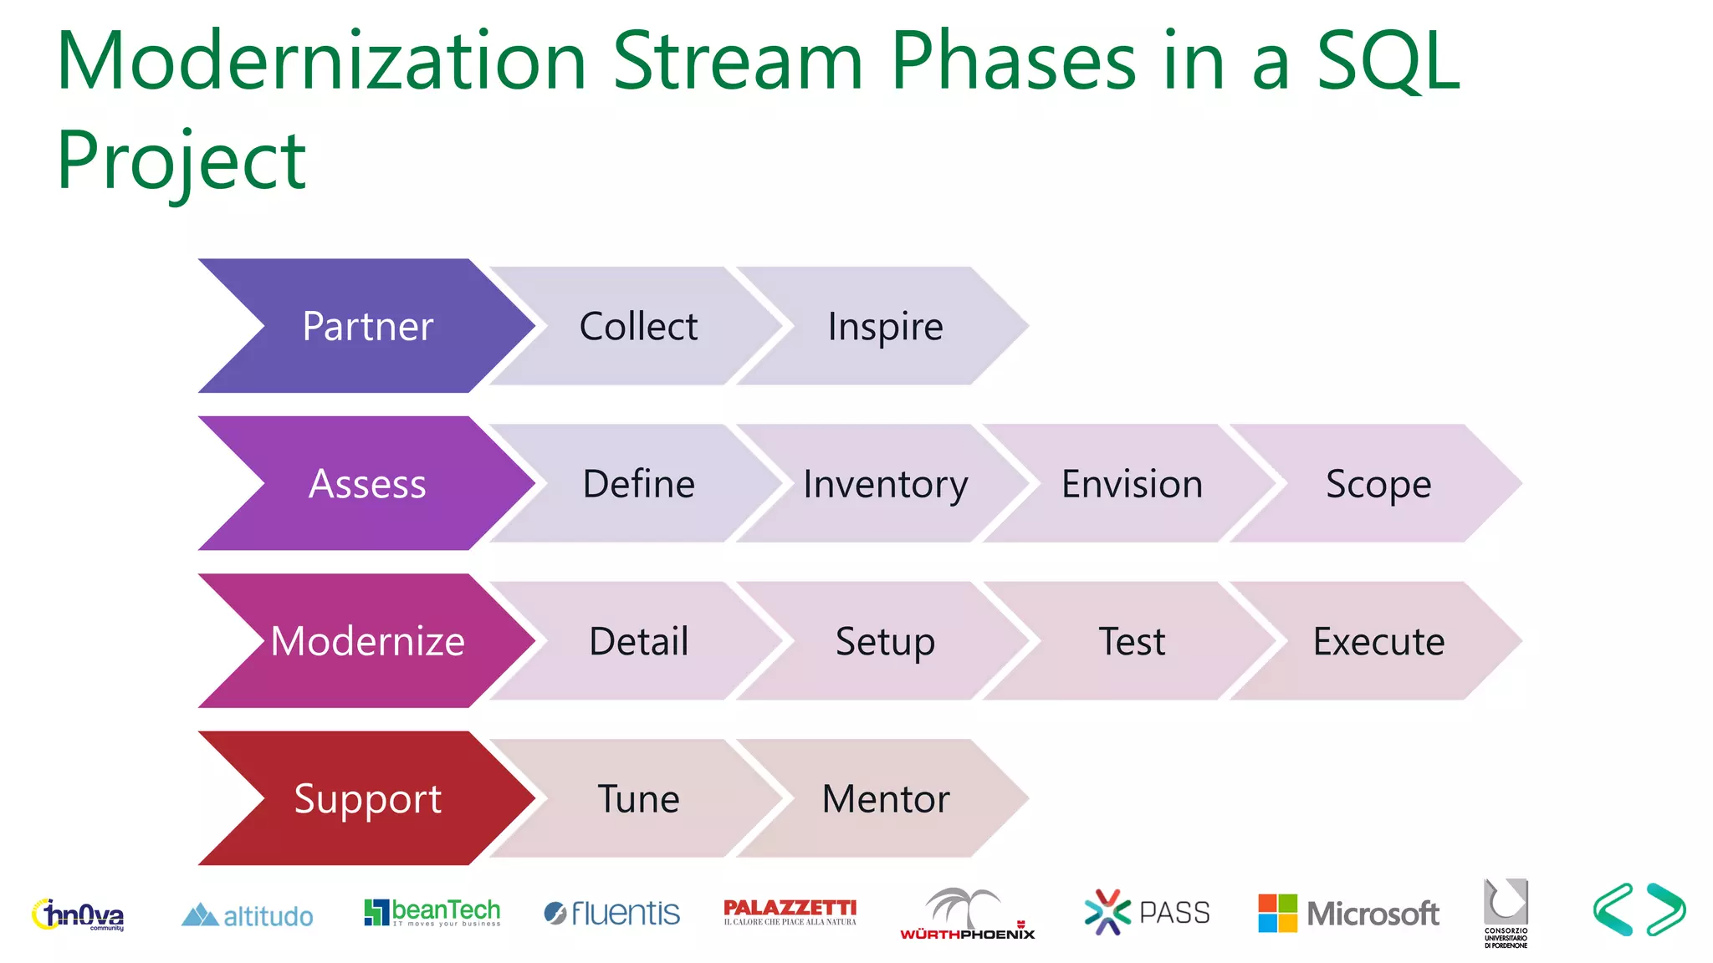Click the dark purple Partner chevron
click(x=368, y=326)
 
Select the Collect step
click(x=638, y=326)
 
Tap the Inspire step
click(x=885, y=326)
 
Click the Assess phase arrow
click(x=368, y=483)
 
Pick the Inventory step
click(x=885, y=483)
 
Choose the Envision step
click(x=1132, y=483)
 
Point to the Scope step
click(x=1378, y=483)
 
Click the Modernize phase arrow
click(x=368, y=641)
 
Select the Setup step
click(x=885, y=641)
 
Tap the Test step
click(x=1132, y=641)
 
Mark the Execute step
click(x=1378, y=641)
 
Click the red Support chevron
click(x=368, y=798)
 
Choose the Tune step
click(x=638, y=798)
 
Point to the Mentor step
click(x=885, y=798)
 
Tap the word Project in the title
click(x=182, y=160)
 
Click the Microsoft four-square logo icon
click(x=1277, y=913)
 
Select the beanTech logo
click(x=432, y=912)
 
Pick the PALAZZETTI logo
click(x=790, y=911)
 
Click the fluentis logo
click(x=612, y=913)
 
